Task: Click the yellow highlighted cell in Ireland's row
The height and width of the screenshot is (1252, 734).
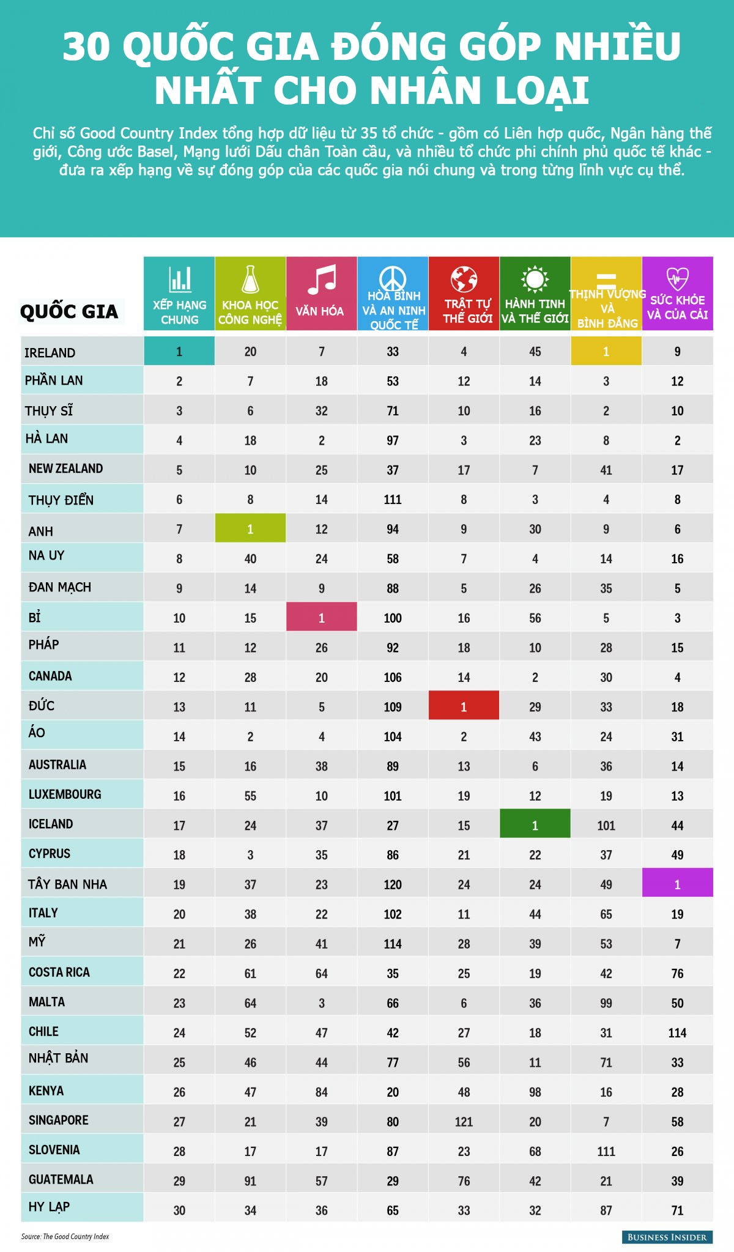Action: click(606, 351)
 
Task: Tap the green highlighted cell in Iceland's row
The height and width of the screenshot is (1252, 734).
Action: click(535, 824)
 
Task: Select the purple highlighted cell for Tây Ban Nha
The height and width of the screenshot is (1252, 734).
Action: click(677, 883)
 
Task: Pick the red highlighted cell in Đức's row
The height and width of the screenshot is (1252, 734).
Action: click(464, 706)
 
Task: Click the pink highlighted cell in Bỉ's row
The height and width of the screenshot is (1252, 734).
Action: click(322, 617)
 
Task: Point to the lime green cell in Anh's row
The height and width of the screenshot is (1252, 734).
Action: click(250, 528)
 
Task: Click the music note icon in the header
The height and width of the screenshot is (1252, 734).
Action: click(322, 280)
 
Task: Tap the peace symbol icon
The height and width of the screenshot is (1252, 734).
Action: click(393, 278)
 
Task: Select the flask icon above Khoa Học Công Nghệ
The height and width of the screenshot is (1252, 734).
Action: click(250, 280)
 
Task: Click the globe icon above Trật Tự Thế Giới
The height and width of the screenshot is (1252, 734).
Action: click(464, 279)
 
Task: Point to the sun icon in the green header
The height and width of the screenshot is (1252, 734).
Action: click(535, 279)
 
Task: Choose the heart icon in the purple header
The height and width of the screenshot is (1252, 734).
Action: click(677, 278)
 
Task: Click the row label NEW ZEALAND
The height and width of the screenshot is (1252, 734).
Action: click(65, 469)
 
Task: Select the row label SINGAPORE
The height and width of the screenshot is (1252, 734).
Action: click(59, 1120)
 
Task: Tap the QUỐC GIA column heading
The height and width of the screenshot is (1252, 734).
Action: click(69, 311)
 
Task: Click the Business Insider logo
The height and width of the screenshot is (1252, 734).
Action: click(667, 1237)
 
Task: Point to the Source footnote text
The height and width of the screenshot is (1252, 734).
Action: click(65, 1236)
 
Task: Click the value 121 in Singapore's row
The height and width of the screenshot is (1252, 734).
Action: click(464, 1121)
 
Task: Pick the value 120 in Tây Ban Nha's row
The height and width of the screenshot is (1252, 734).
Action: click(393, 884)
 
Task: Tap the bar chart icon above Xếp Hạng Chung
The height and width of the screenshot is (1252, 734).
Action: click(180, 279)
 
